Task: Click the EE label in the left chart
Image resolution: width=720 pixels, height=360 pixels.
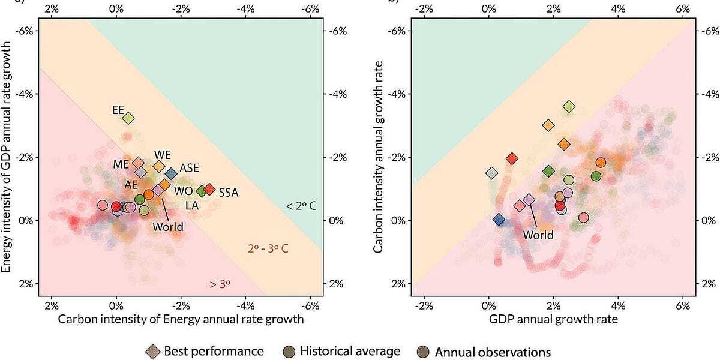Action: click(x=118, y=110)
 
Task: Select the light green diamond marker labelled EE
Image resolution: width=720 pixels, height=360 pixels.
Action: click(x=128, y=118)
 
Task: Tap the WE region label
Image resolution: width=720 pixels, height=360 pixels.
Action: click(x=163, y=154)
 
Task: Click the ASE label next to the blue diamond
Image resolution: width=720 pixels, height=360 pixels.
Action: click(x=189, y=167)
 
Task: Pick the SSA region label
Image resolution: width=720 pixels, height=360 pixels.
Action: click(x=229, y=193)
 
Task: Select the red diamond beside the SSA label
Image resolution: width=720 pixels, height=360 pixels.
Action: click(x=209, y=190)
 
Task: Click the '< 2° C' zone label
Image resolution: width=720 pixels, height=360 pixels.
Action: click(x=301, y=206)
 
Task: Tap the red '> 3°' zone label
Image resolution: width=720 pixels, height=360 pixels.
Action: click(x=220, y=284)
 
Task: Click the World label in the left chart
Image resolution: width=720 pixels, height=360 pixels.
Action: click(x=168, y=227)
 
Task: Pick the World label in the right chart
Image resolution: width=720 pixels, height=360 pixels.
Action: click(x=538, y=235)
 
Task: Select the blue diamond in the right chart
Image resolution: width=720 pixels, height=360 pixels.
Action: click(x=499, y=220)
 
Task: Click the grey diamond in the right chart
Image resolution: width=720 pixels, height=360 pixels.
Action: click(x=492, y=173)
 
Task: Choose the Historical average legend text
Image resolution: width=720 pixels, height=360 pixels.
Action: click(x=350, y=350)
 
